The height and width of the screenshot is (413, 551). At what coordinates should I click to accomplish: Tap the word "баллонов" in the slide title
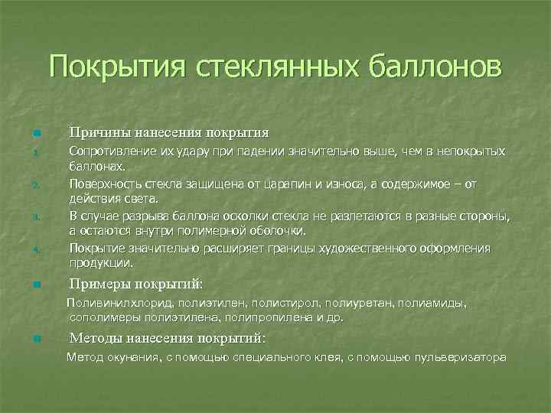(x=436, y=67)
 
